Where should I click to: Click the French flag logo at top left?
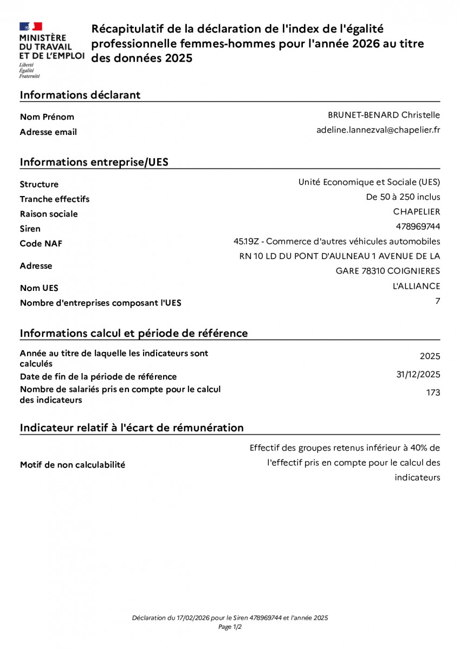[x=31, y=27]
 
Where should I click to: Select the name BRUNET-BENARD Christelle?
[x=384, y=115]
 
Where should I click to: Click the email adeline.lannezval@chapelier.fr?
[x=378, y=130]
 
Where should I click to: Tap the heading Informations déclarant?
[x=80, y=95]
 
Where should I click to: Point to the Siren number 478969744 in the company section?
[x=418, y=226]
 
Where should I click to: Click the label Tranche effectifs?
[x=55, y=199]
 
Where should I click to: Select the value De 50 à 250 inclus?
[x=403, y=197]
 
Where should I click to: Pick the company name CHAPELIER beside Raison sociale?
[x=417, y=211]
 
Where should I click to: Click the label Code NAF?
[x=41, y=243]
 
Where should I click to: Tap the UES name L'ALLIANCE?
[x=416, y=286]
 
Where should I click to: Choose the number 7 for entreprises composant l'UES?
[x=438, y=301]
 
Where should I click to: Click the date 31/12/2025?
[x=418, y=374]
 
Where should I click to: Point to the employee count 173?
[x=433, y=393]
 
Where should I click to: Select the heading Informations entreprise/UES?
[x=94, y=162]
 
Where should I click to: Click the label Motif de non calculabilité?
[x=73, y=465]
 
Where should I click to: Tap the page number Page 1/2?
[x=230, y=627]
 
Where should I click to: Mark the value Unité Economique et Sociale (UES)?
[x=369, y=182]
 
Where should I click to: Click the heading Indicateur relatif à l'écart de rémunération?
[x=132, y=427]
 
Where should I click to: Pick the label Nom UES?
[x=39, y=288]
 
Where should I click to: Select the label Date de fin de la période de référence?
[x=98, y=376]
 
